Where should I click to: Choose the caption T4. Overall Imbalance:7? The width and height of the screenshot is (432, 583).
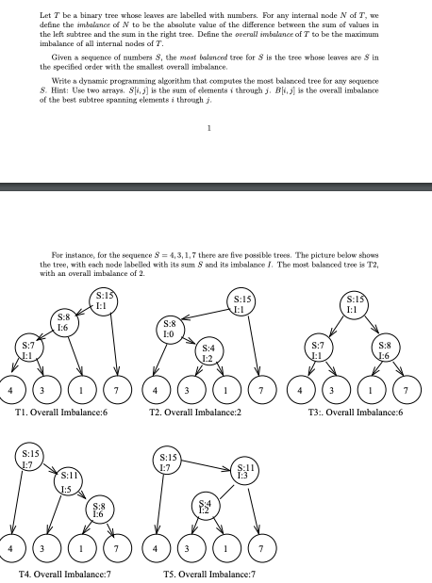coord(58,573)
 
